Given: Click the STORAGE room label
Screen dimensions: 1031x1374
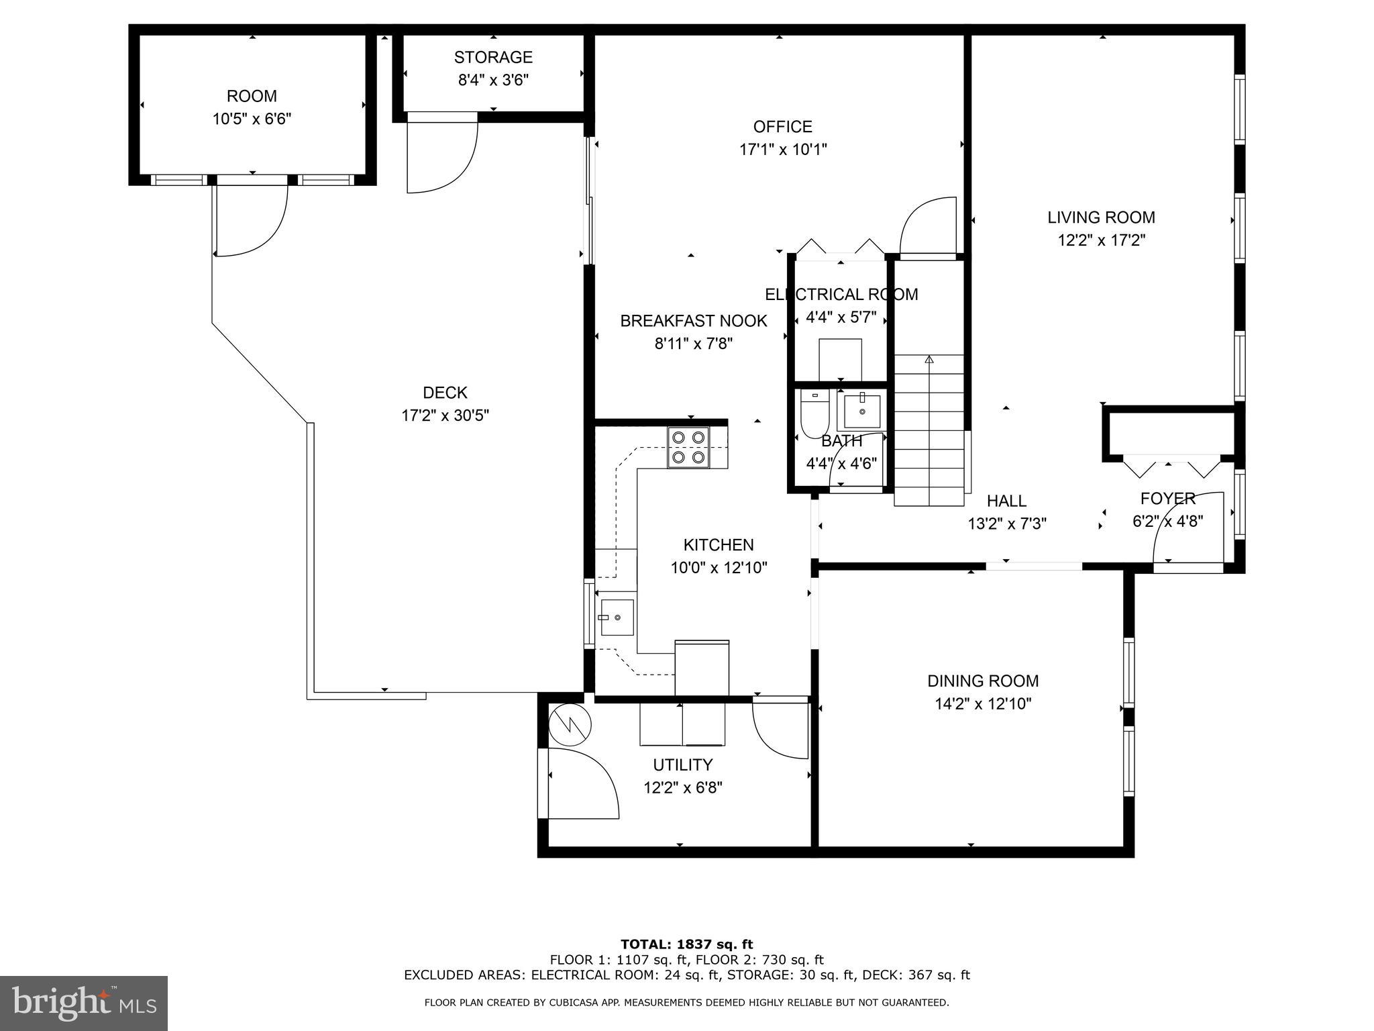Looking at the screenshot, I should pyautogui.click(x=493, y=57).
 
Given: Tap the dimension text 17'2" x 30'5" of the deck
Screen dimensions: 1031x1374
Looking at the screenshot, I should pyautogui.click(x=445, y=415).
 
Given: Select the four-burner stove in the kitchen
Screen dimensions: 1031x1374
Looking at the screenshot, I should pyautogui.click(x=688, y=447).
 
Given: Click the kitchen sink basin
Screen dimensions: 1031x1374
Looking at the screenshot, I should pyautogui.click(x=617, y=616).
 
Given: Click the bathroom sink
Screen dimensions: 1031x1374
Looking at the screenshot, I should pyautogui.click(x=861, y=411).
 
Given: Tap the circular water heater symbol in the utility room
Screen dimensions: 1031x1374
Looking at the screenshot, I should pyautogui.click(x=570, y=724).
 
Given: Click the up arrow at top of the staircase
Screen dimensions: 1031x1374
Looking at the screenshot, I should pyautogui.click(x=929, y=360).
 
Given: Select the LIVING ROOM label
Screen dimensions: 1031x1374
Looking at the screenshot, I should pyautogui.click(x=1101, y=217).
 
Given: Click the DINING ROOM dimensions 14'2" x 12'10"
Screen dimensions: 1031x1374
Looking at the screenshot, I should pyautogui.click(x=983, y=704).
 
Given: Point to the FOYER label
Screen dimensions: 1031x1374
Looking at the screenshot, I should pyautogui.click(x=1167, y=499).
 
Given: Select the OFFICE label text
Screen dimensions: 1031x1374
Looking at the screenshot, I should pyautogui.click(x=782, y=127).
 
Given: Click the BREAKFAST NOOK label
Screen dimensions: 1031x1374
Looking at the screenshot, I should pyautogui.click(x=693, y=321).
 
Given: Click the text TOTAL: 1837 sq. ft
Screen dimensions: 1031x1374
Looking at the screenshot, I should pyautogui.click(x=686, y=944).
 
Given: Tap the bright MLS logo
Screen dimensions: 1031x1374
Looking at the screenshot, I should pyautogui.click(x=84, y=1003).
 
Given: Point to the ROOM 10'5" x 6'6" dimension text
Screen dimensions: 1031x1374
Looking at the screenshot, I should pyautogui.click(x=252, y=119).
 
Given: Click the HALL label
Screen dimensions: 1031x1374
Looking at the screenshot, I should pyautogui.click(x=1006, y=501).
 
